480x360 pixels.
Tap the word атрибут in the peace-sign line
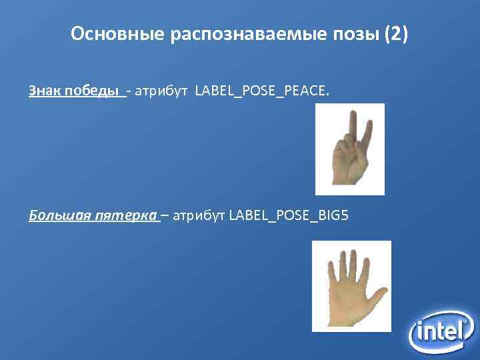tap(162, 91)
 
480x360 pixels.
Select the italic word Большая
tap(57, 215)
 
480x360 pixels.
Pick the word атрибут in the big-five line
tap(199, 215)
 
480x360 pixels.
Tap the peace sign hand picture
tap(350, 149)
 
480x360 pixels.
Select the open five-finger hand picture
tap(351, 285)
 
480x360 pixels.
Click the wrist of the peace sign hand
tap(346, 178)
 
